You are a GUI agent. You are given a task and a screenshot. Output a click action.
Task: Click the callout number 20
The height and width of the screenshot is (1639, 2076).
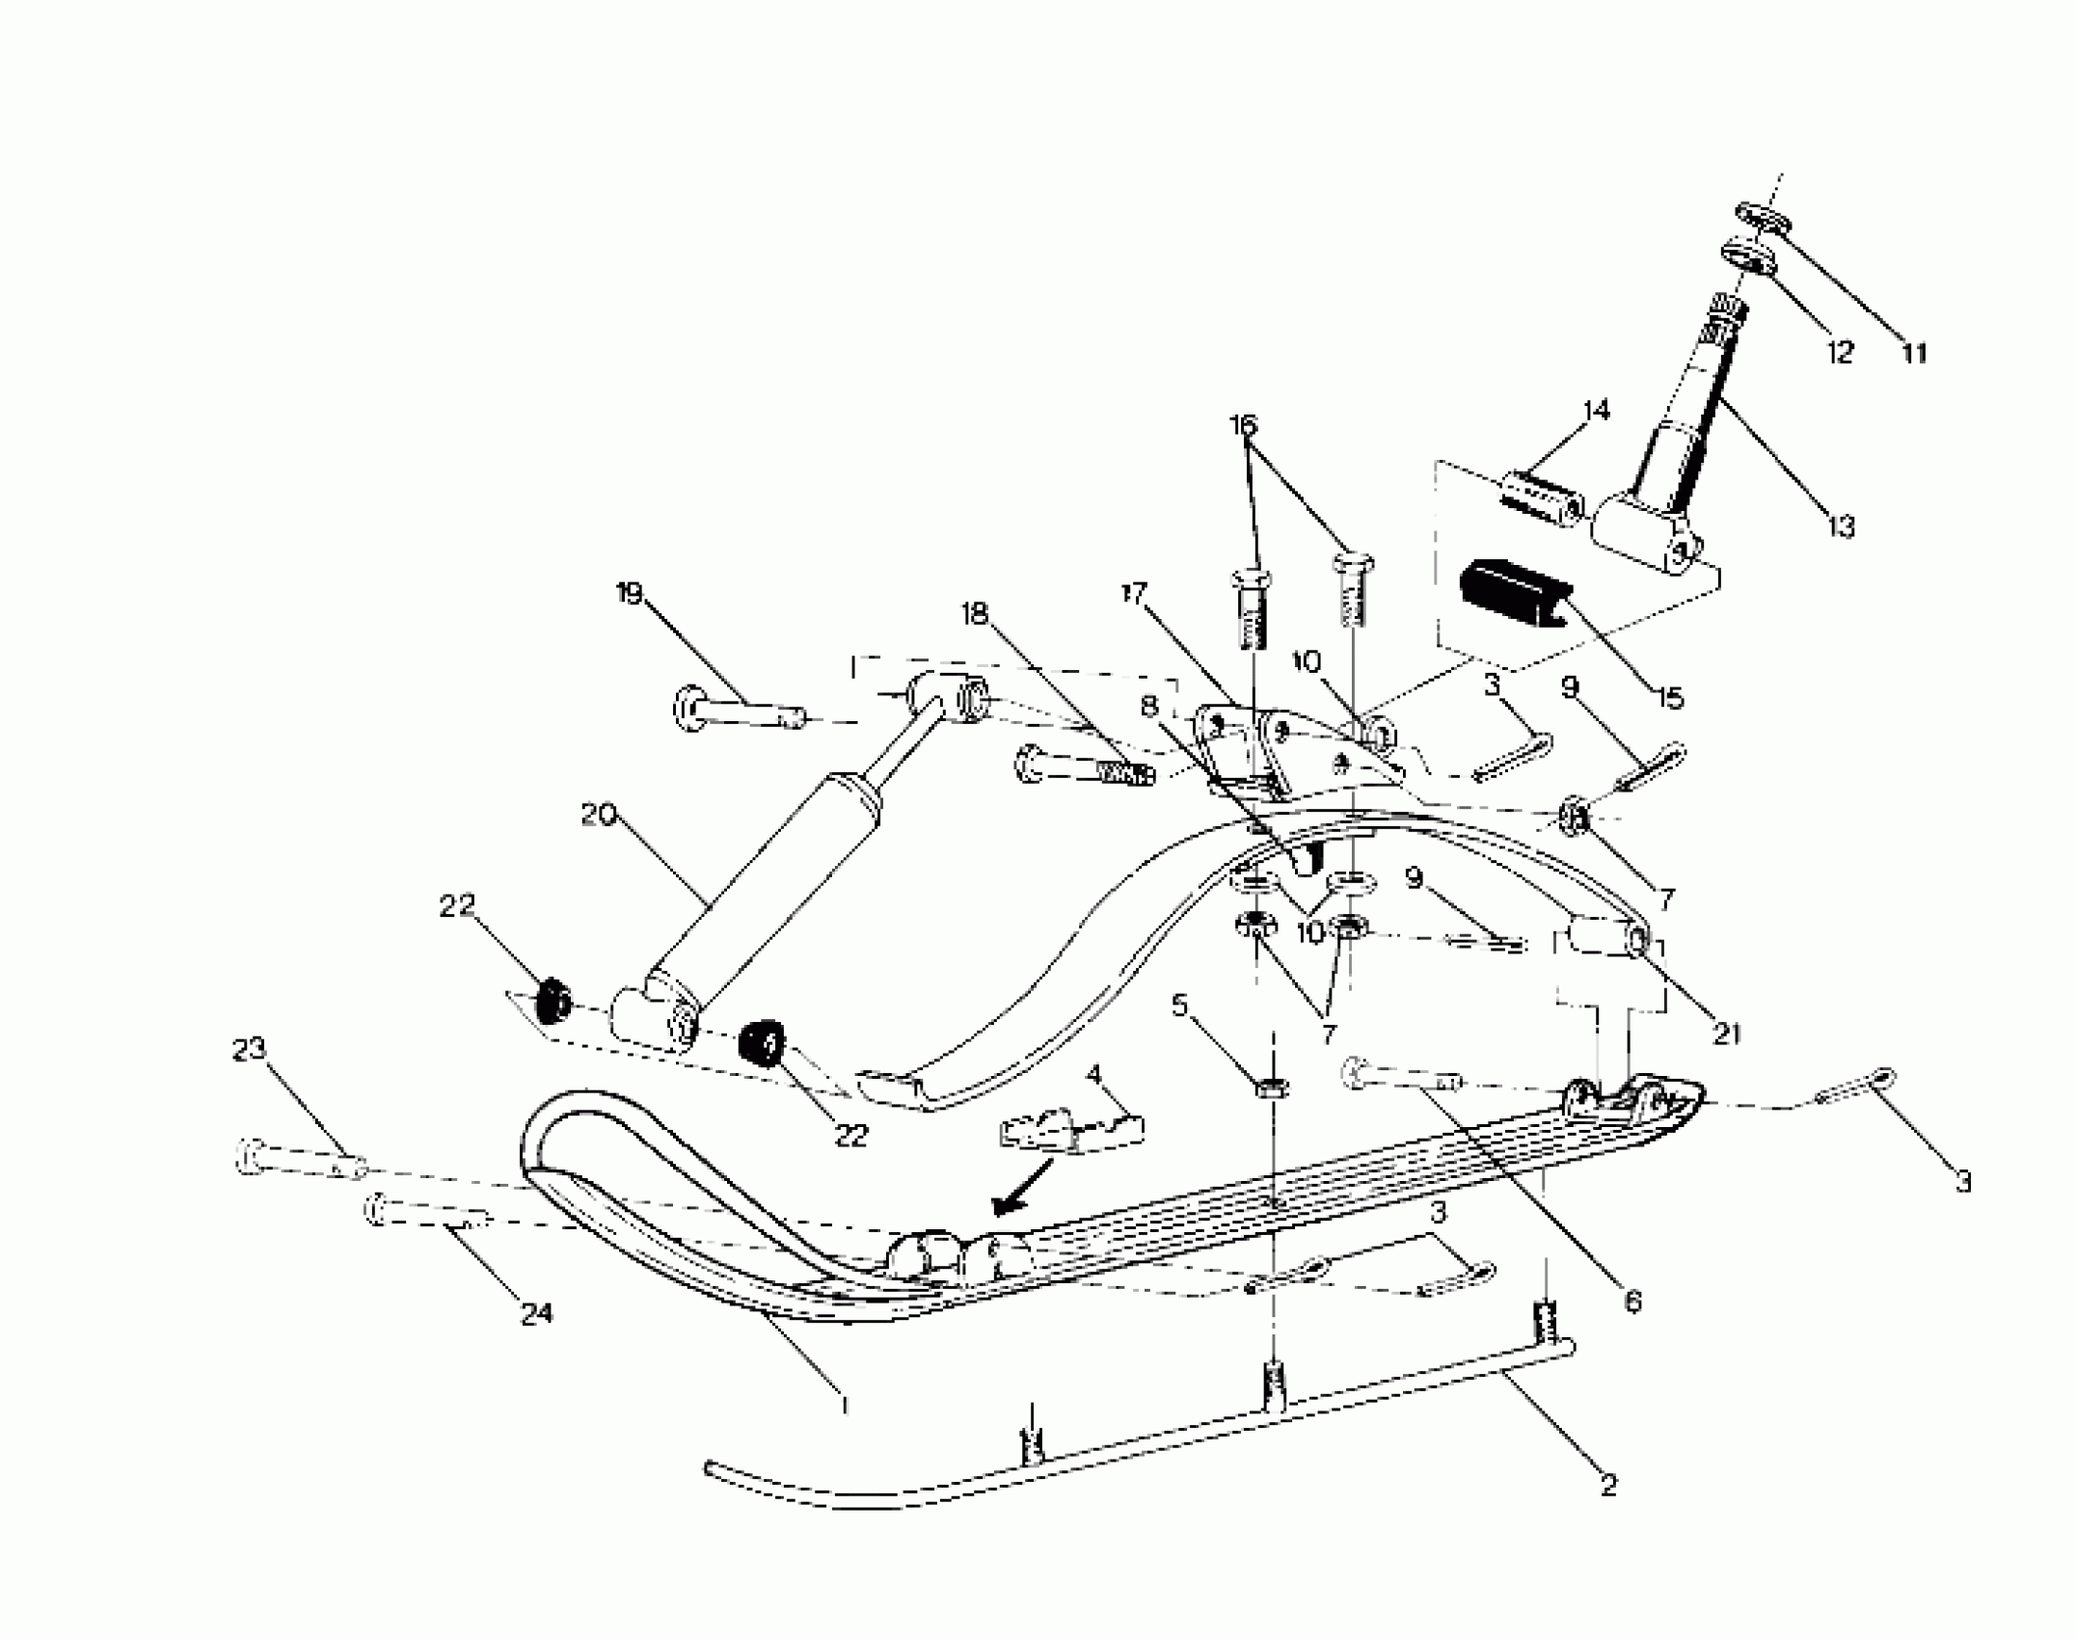click(x=599, y=816)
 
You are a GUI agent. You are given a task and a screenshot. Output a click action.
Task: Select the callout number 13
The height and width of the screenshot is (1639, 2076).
click(x=1840, y=526)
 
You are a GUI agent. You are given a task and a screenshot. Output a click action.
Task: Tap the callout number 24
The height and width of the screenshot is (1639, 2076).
click(x=536, y=1313)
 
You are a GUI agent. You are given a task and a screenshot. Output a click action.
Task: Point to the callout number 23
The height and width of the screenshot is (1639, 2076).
click(x=249, y=1049)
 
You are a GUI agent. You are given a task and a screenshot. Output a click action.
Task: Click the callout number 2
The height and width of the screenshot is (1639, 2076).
click(x=1607, y=1486)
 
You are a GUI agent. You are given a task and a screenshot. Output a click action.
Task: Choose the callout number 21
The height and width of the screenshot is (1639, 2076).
click(x=1726, y=1034)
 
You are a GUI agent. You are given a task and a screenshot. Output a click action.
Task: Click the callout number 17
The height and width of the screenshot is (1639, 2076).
click(x=1133, y=594)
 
